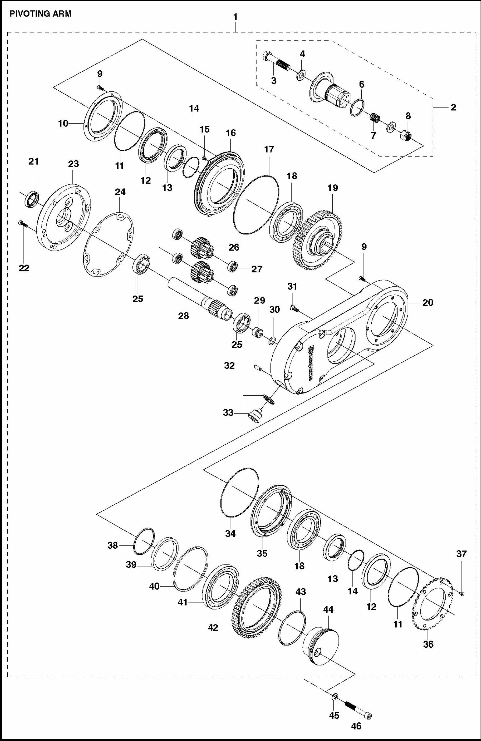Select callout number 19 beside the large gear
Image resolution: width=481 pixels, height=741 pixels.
point(333,188)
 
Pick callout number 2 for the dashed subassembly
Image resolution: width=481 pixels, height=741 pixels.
point(453,107)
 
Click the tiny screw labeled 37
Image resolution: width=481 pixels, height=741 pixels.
point(462,594)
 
